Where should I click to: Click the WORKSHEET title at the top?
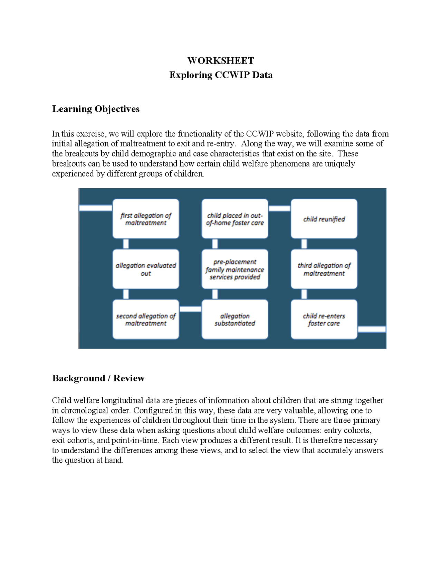221,61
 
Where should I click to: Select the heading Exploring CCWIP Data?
221,75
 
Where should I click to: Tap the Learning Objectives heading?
96,109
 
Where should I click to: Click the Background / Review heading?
98,378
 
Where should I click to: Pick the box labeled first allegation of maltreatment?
146,219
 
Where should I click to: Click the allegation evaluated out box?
146,269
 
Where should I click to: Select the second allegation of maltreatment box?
146,320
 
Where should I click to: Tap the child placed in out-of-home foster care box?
235,219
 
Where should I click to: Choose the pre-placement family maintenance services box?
235,269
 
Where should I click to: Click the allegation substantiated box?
235,320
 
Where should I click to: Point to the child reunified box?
324,219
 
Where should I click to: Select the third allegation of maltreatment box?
324,269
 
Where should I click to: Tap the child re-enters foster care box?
324,320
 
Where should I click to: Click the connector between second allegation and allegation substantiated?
190,309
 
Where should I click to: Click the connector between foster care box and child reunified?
279,208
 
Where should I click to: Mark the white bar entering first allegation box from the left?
96,208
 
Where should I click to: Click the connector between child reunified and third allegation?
304,244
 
